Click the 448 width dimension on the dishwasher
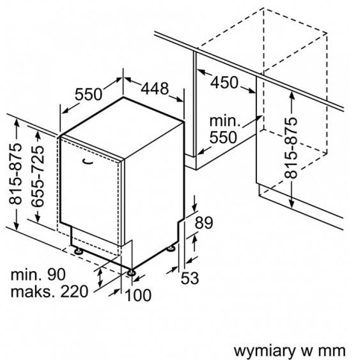[x=155, y=89]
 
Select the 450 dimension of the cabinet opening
[x=224, y=83]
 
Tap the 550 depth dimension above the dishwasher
[x=88, y=94]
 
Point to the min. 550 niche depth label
[x=224, y=129]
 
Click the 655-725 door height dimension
[x=38, y=176]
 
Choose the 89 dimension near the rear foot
[x=204, y=222]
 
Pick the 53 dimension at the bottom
[x=189, y=278]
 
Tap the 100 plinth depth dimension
[x=138, y=295]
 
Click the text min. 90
[x=38, y=274]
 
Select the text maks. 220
[x=49, y=292]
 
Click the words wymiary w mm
[x=289, y=351]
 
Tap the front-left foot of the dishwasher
[x=78, y=251]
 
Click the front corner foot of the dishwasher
[x=131, y=272]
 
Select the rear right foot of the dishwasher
[x=171, y=248]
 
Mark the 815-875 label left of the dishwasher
[x=15, y=174]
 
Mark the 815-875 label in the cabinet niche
[x=291, y=148]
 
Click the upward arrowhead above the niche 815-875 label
[x=292, y=94]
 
